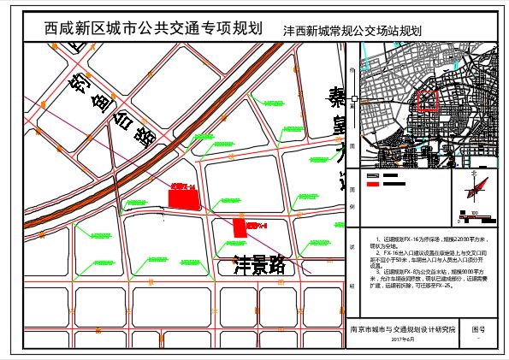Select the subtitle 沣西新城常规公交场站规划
(x=354, y=29)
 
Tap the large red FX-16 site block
(x=185, y=198)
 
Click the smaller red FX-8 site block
(x=240, y=227)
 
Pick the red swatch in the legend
(x=371, y=183)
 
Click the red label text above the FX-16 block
(x=184, y=186)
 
